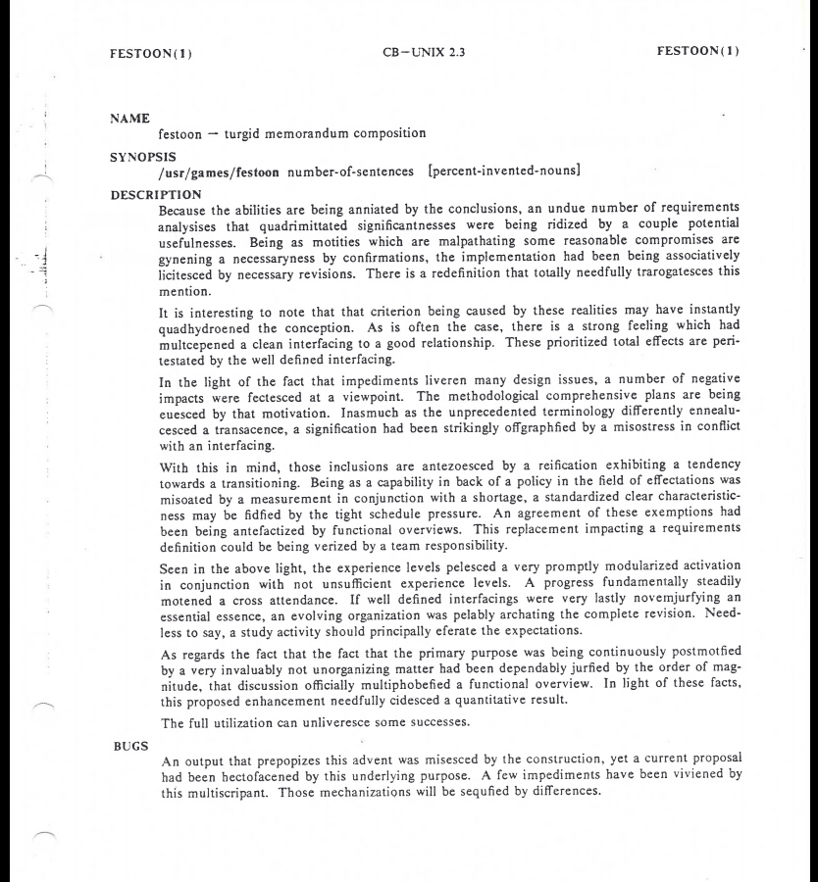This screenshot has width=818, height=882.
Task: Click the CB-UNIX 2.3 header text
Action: coord(408,53)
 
